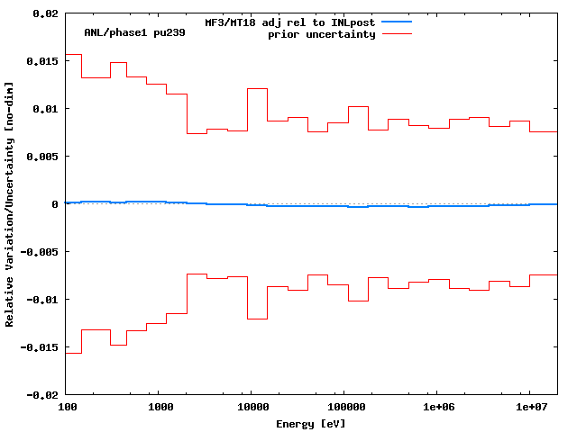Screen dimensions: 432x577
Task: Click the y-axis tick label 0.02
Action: (44, 14)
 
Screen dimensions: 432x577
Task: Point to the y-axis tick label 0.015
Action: (41, 61)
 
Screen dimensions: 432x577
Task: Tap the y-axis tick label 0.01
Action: (44, 109)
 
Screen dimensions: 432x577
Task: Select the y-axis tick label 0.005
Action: (41, 157)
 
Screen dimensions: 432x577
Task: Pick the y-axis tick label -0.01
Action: (41, 300)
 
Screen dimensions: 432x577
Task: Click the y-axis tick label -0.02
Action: (41, 394)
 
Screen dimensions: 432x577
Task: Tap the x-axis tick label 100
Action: (67, 408)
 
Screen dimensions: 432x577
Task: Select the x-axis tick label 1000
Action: (160, 408)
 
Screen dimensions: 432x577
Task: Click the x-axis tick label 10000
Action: (252, 408)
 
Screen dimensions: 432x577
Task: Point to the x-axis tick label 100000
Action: (345, 408)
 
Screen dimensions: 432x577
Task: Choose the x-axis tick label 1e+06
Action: (438, 408)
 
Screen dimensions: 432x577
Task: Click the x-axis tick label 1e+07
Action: (531, 408)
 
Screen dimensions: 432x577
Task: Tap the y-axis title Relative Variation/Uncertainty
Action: (10, 203)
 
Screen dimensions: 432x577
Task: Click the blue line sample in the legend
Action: (397, 21)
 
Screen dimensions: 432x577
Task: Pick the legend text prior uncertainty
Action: (321, 34)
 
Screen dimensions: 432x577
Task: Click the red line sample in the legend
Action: (397, 33)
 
